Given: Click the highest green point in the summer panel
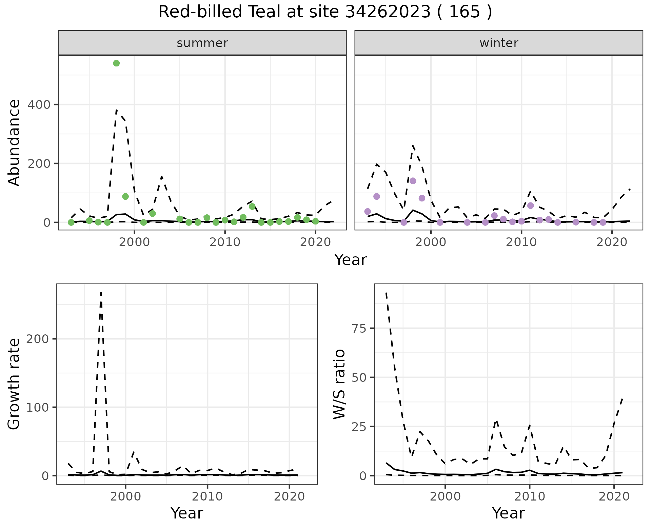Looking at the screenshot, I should click(116, 63).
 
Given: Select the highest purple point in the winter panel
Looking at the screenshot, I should click(413, 181).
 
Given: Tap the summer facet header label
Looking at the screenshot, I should click(202, 43).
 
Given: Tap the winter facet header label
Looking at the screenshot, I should click(499, 43).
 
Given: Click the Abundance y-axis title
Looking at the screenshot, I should click(14, 143).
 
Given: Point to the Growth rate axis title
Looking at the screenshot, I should click(14, 384).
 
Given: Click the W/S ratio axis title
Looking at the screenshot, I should click(339, 384).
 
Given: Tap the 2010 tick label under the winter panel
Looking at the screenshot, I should click(521, 242).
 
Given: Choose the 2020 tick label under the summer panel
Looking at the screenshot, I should click(315, 242).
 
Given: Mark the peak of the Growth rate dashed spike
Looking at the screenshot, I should click(101, 292).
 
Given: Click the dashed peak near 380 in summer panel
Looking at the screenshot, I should click(116, 110).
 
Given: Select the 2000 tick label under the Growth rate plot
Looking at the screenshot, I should click(125, 497).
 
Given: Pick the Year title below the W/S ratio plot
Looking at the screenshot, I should click(508, 513).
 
